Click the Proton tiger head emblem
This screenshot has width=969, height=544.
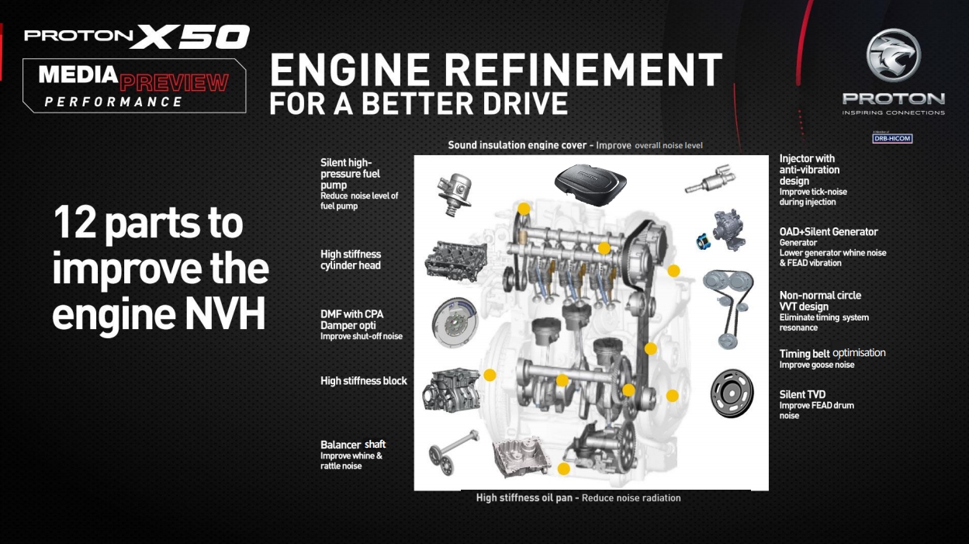tap(893, 55)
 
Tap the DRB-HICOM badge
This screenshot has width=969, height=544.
tap(892, 138)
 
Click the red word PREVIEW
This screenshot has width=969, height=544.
tap(174, 83)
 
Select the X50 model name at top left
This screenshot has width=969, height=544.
tap(190, 36)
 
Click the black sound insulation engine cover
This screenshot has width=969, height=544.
tap(590, 183)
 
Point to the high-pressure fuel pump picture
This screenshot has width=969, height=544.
tap(454, 194)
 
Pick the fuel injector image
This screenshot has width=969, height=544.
tap(709, 178)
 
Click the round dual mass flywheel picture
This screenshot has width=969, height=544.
tap(454, 322)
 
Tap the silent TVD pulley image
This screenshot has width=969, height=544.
tap(732, 393)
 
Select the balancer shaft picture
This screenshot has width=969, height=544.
tap(453, 452)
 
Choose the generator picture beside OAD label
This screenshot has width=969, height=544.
tap(722, 230)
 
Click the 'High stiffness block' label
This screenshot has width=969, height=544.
tap(363, 381)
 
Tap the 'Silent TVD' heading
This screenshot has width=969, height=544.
tap(802, 395)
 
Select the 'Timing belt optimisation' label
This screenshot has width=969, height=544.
tap(832, 353)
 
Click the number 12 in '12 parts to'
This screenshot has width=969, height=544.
tap(74, 222)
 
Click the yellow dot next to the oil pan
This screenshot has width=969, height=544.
tap(563, 469)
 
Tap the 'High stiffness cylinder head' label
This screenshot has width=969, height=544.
tap(351, 260)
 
